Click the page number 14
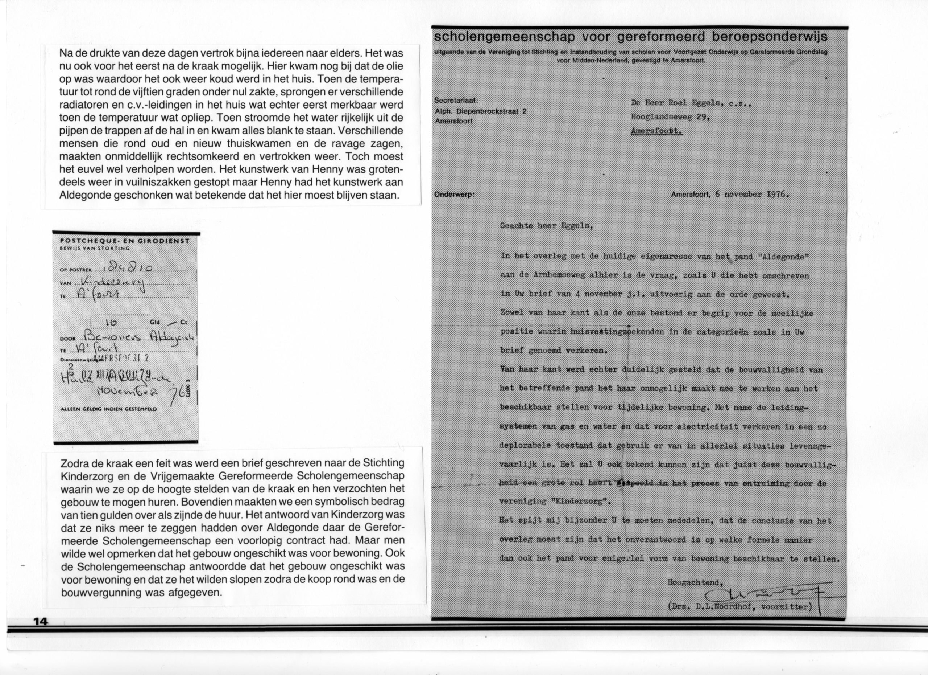click(41, 621)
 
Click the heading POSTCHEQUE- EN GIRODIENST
click(125, 241)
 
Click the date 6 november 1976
click(751, 194)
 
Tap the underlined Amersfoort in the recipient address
click(657, 131)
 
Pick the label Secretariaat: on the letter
click(456, 101)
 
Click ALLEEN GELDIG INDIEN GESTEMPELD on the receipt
click(108, 409)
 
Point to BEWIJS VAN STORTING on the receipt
click(95, 248)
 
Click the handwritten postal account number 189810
click(128, 268)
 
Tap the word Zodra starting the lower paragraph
click(73, 463)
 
